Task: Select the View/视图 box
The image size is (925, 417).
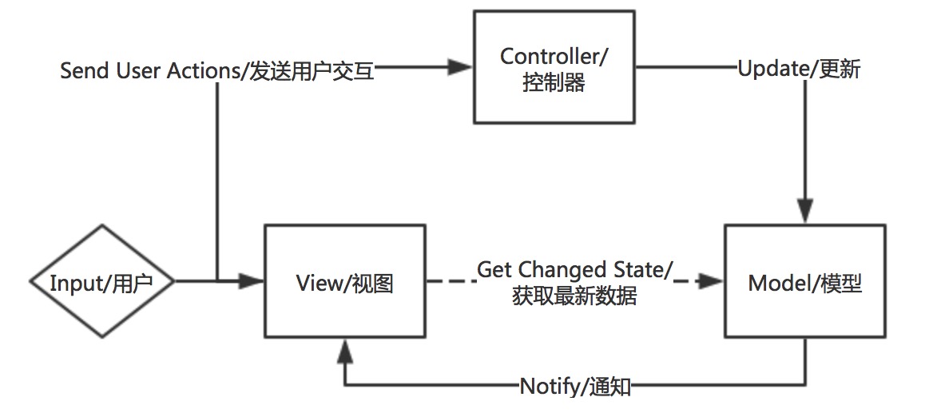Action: point(344,282)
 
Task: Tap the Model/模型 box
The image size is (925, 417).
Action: point(804,282)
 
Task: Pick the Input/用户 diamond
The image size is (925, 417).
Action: point(101,282)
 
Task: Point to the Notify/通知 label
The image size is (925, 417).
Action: point(576,387)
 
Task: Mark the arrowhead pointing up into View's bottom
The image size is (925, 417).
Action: point(344,348)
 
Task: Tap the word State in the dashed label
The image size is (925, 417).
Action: point(641,269)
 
